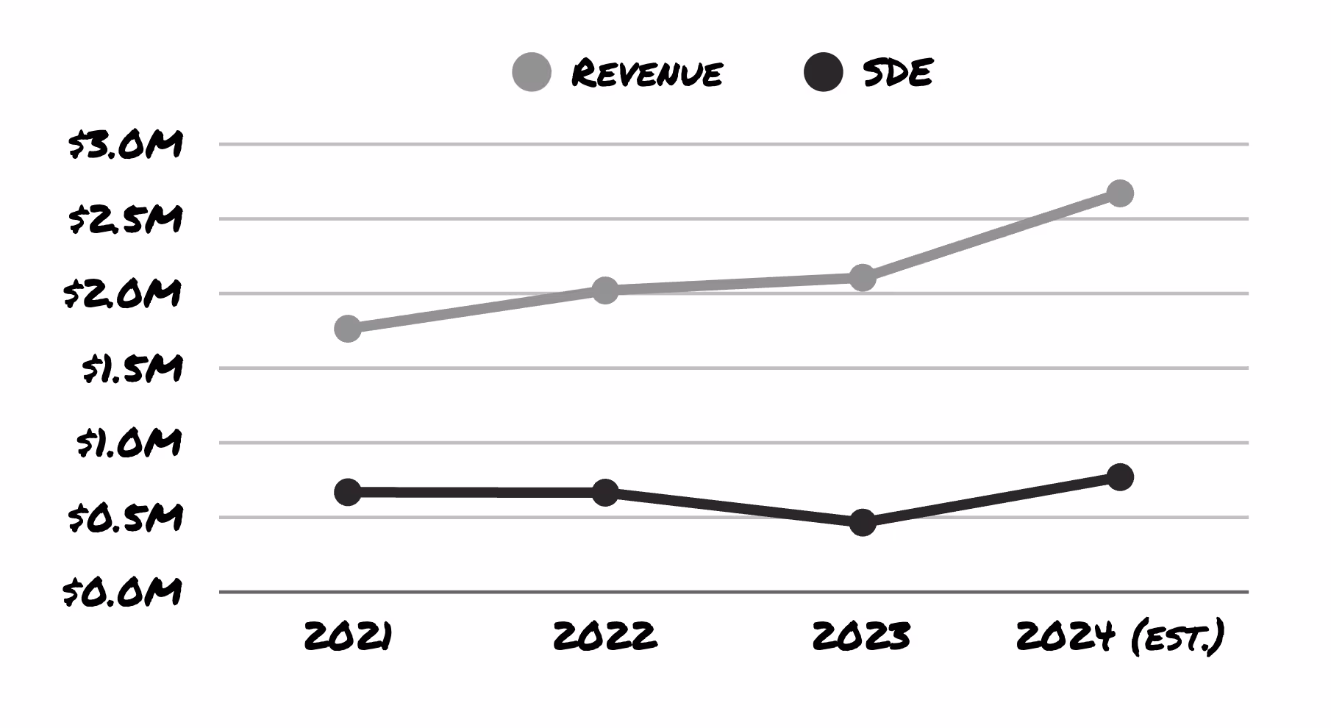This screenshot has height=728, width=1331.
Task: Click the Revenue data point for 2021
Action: coord(348,328)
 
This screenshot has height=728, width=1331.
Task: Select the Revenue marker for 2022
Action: coord(604,290)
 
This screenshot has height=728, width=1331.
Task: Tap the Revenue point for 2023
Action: coord(862,278)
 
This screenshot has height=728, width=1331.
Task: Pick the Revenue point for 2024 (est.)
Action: coord(1119,193)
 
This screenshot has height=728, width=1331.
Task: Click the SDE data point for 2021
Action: coord(348,492)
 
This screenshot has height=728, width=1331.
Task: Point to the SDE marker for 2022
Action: coord(604,493)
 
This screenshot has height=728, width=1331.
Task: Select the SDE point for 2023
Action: coord(862,523)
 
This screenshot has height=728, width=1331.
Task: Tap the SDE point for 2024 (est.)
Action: coord(1119,477)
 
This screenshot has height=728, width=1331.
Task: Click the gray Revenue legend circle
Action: coord(532,72)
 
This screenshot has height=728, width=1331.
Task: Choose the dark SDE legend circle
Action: coord(823,72)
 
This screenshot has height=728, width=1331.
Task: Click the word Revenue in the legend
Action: coord(647,73)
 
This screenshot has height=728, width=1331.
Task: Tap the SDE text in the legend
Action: coord(898,72)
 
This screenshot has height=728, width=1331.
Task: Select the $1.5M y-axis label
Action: coord(132,368)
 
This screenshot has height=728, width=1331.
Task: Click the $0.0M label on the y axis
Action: coord(123,592)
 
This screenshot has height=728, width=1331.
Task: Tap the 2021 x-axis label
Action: coord(348,636)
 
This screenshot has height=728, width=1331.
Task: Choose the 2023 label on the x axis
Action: coord(862,636)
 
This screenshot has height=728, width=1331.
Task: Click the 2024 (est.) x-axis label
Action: coord(1119,637)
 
